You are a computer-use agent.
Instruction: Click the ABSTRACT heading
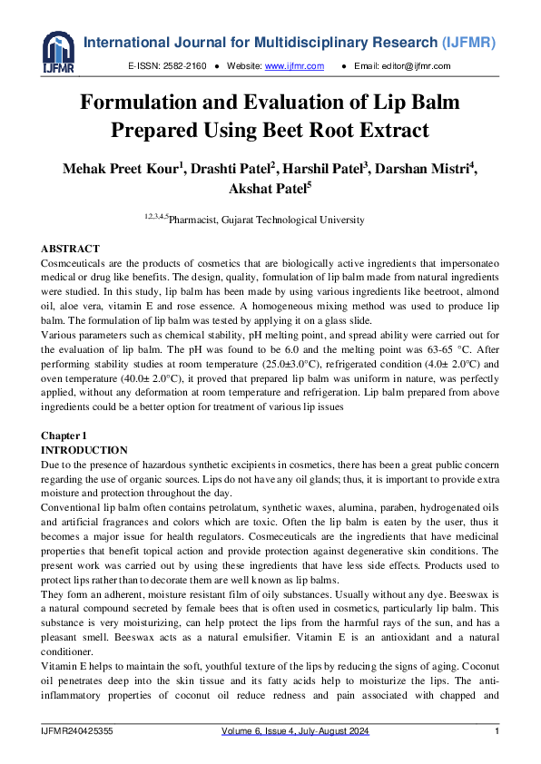coord(71,249)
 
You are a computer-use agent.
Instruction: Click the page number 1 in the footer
coord(497,731)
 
